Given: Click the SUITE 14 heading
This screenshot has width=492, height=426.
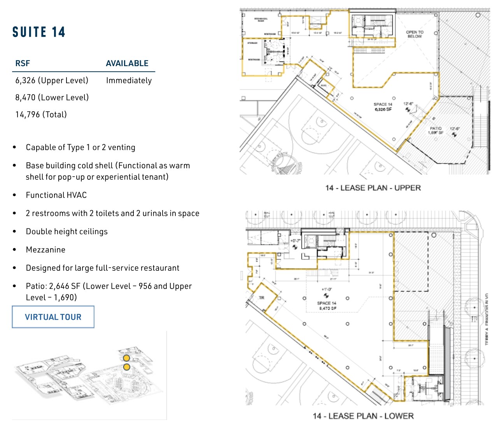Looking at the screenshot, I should click(39, 32).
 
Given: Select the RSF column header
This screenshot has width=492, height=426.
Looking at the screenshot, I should click(23, 63).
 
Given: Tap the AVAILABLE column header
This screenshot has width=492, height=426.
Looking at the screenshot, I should click(127, 63).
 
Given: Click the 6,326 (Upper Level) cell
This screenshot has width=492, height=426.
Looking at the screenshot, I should click(52, 81).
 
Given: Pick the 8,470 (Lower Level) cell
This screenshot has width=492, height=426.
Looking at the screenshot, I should click(52, 98).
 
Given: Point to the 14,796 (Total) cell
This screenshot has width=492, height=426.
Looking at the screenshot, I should click(41, 115).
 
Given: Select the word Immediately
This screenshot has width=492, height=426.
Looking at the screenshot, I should click(129, 81).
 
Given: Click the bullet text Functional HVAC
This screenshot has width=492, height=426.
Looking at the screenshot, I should click(56, 195).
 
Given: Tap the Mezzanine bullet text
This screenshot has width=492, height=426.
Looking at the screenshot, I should click(46, 250).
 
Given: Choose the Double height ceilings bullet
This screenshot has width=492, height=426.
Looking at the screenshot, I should click(67, 232).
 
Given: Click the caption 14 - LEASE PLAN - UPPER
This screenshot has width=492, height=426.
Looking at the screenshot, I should click(373, 188).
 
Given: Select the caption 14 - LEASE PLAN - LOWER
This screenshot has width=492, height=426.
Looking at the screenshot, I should click(363, 416).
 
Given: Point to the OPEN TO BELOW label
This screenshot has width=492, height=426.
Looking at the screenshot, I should click(415, 34).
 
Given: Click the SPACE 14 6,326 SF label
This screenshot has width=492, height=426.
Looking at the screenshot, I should click(383, 107).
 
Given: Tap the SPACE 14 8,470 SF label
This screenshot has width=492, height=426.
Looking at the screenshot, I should click(327, 306).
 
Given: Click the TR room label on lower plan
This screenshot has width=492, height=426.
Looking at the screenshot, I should click(261, 298).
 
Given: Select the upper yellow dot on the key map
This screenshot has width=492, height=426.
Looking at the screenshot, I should click(126, 358).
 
